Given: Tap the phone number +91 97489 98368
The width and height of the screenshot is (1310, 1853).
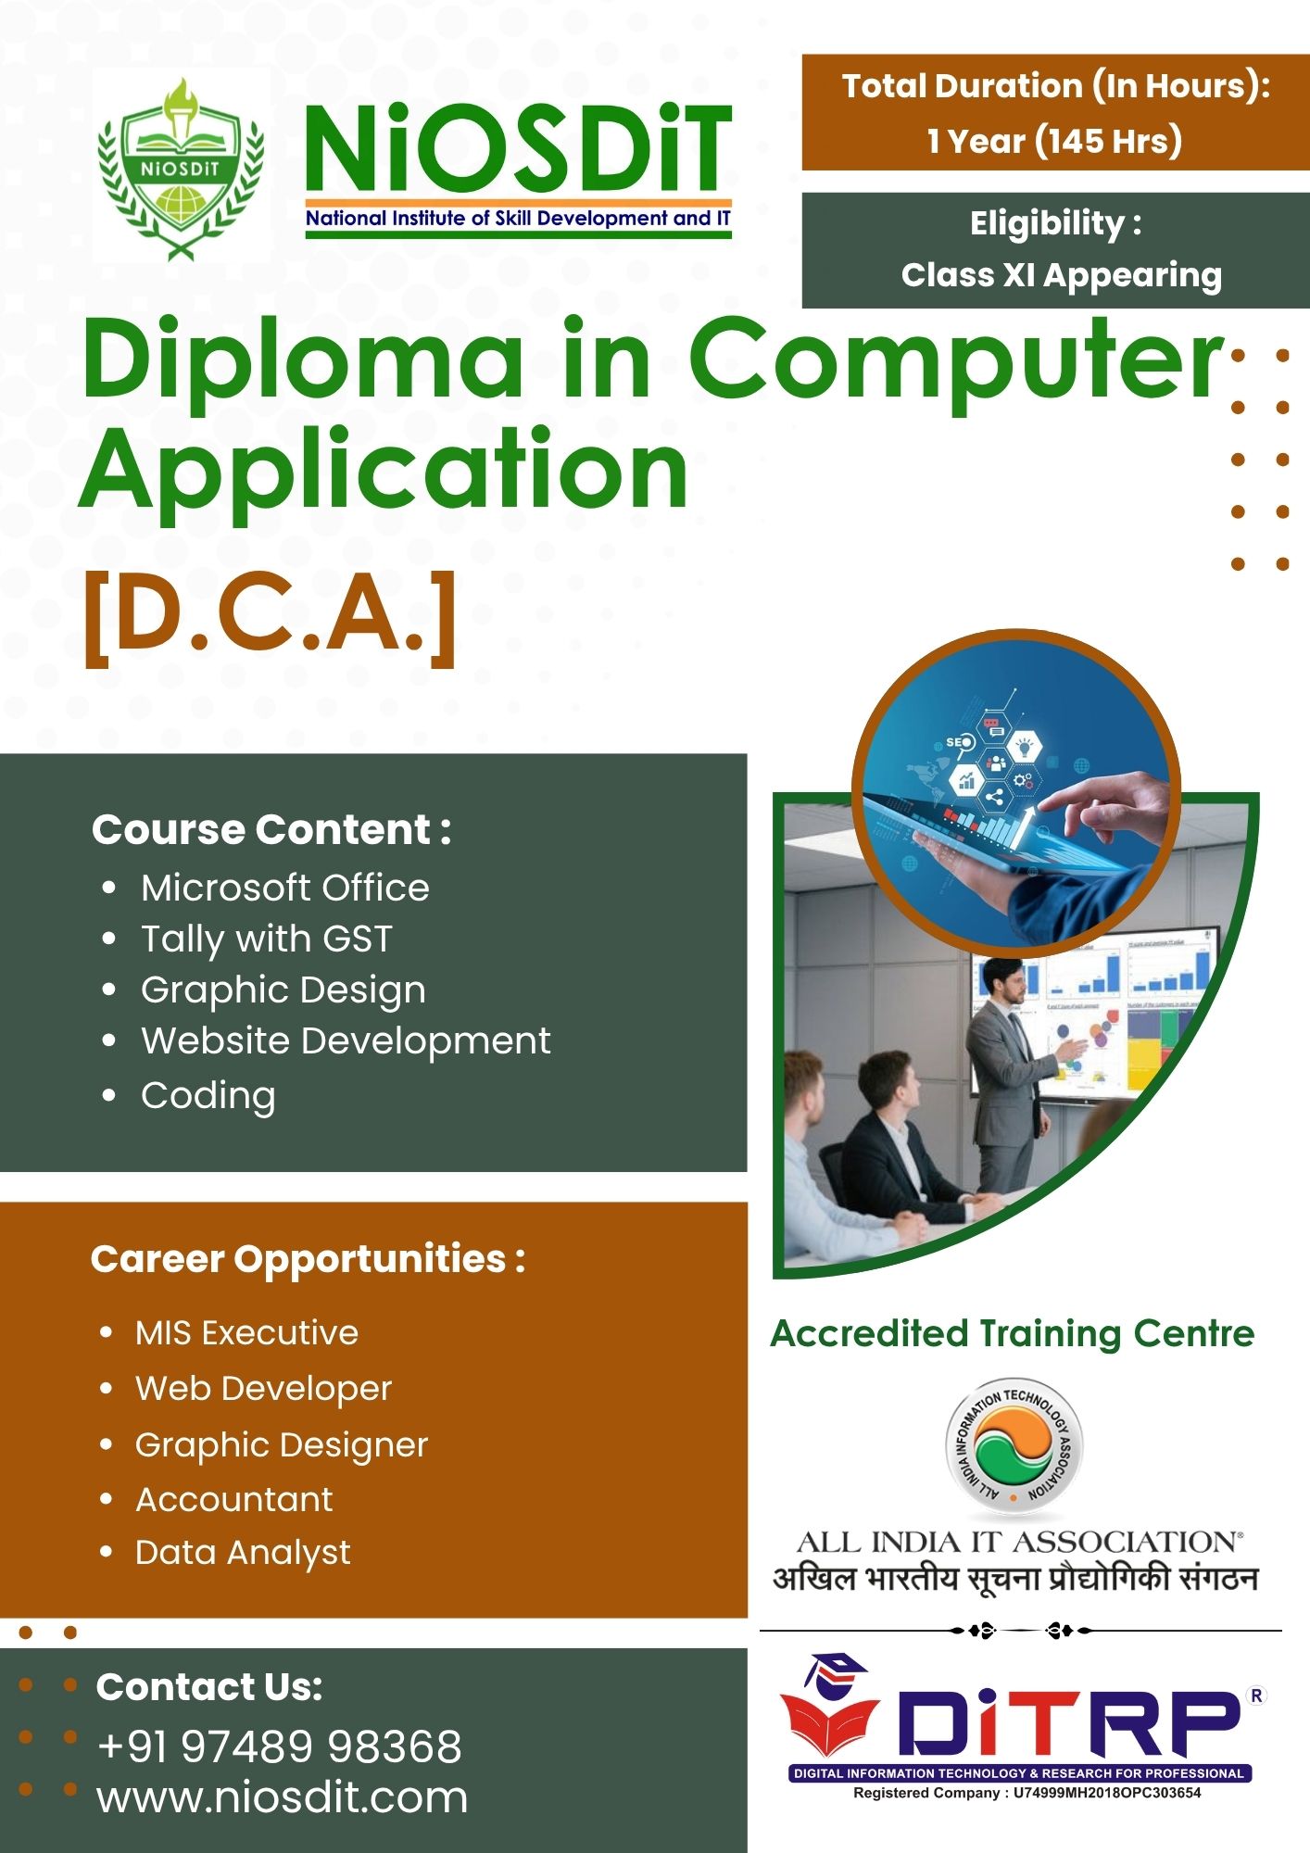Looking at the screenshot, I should point(279,1746).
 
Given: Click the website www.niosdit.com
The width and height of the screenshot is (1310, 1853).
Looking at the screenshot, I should point(282,1797).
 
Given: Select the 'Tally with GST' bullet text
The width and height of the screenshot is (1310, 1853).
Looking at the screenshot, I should point(267,939).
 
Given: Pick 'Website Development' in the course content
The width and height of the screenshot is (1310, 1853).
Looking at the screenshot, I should point(346,1040).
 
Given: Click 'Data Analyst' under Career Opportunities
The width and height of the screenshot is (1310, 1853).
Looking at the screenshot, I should point(243,1552).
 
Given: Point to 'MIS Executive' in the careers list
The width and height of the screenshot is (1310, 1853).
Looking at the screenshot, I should point(246,1333).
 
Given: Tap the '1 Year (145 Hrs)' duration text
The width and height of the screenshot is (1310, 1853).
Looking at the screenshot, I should point(1054,141).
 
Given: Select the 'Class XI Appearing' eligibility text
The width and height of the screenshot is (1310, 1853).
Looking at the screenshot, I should point(1061,275).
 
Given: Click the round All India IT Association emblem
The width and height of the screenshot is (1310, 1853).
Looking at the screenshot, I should point(1014,1449).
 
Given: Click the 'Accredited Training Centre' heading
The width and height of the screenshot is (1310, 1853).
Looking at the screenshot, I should point(1012,1333).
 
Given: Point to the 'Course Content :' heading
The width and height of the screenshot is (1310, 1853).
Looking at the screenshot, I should point(271,829).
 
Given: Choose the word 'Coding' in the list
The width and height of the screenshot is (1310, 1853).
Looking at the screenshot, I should point(208,1095).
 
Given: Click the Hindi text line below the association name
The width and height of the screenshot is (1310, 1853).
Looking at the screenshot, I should point(1015,1578).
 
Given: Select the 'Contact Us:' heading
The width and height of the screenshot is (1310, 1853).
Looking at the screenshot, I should point(209,1687).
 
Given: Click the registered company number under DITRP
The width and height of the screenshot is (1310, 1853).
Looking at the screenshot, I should point(1027,1793).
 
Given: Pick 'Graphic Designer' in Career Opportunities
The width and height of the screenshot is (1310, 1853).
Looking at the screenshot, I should point(282,1444).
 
